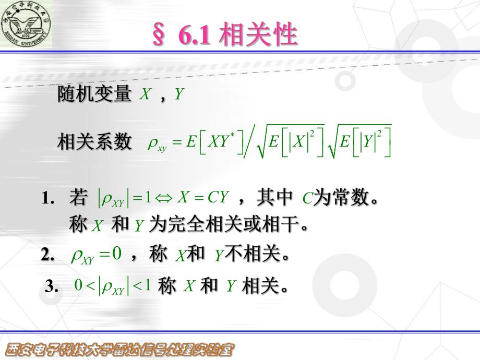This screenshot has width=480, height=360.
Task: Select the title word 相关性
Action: (259, 35)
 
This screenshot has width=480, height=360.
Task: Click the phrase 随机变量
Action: (94, 94)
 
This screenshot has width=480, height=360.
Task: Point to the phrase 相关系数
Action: (94, 141)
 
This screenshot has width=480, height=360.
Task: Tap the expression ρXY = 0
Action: (95, 255)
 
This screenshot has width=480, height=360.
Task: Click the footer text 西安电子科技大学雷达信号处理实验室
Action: (119, 349)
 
